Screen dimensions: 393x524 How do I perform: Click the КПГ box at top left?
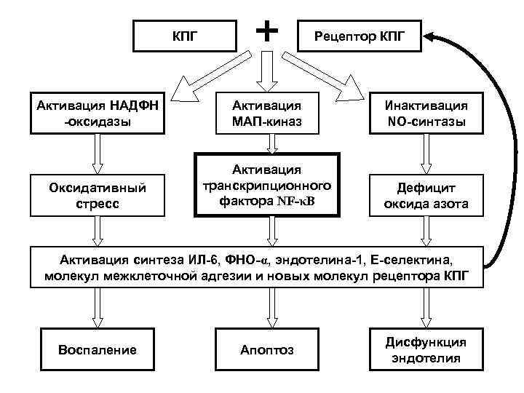(183, 34)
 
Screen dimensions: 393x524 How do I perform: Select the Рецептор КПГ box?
(361, 34)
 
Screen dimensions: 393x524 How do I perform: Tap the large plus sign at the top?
(268, 30)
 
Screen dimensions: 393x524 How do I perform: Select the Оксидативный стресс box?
(95, 195)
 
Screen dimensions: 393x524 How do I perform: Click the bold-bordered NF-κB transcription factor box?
(268, 185)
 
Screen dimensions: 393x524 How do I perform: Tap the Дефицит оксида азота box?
(426, 195)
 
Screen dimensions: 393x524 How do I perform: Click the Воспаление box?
(97, 349)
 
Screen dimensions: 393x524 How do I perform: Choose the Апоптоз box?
(267, 349)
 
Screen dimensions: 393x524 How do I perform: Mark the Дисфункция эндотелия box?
(426, 349)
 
